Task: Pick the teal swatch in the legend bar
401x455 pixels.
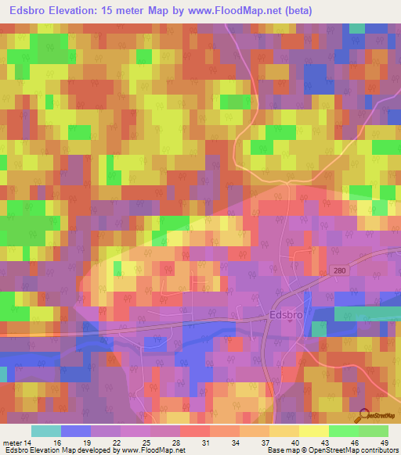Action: coord(45,431)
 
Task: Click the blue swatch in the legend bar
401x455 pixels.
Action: coord(75,431)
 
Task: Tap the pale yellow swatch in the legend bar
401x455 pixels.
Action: coord(313,431)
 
